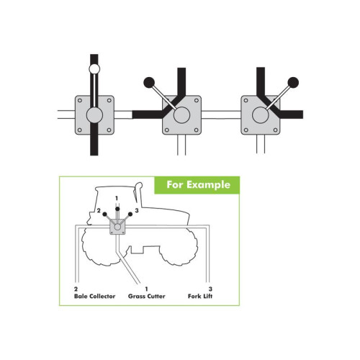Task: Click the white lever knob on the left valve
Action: pyautogui.click(x=94, y=69)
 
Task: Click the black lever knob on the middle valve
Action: pyautogui.click(x=149, y=83)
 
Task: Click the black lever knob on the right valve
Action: pyautogui.click(x=293, y=83)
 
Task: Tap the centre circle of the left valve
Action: pyautogui.click(x=94, y=115)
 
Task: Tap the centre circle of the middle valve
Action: pyautogui.click(x=181, y=115)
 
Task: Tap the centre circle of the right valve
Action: pyautogui.click(x=261, y=115)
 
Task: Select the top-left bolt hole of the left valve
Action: pyautogui.click(x=80, y=100)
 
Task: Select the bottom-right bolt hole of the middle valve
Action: pyautogui.click(x=196, y=130)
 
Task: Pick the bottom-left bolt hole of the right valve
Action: pyautogui.click(x=246, y=130)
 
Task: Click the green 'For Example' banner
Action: pyautogui.click(x=197, y=185)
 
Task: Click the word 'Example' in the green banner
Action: pyautogui.click(x=208, y=185)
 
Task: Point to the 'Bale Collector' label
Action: pyautogui.click(x=95, y=296)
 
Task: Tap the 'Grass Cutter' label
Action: pyautogui.click(x=147, y=296)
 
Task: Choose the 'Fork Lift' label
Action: pyautogui.click(x=200, y=296)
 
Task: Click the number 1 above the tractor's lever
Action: pyautogui.click(x=117, y=198)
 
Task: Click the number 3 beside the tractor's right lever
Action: pyautogui.click(x=137, y=210)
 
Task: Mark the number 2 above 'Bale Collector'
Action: pyautogui.click(x=76, y=289)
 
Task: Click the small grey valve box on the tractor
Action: pyautogui.click(x=117, y=227)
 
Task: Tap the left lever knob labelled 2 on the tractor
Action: pyautogui.click(x=104, y=214)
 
